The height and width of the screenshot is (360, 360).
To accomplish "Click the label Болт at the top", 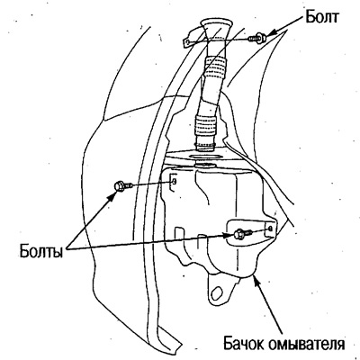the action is (322, 17).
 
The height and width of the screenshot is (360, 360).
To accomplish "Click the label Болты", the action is (41, 251).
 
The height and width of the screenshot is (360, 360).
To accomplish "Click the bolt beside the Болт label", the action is (256, 38).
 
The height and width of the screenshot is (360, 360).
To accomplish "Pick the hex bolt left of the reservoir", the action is (122, 185).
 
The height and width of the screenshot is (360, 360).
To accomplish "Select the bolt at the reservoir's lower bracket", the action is (243, 233).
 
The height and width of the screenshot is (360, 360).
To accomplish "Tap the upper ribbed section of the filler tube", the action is (215, 67).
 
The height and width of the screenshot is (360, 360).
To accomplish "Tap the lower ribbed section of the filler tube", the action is (206, 124).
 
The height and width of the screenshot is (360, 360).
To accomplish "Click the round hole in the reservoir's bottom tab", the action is (216, 292).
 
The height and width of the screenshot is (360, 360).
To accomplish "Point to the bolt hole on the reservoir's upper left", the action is (175, 181).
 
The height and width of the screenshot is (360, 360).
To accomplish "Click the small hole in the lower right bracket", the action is (270, 229).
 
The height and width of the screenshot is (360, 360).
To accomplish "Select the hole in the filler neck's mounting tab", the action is (187, 42).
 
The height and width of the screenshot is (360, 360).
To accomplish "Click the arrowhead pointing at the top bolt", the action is (269, 34).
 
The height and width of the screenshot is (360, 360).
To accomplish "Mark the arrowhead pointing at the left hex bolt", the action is (112, 195).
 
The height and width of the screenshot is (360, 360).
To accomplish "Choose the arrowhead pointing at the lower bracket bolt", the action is (229, 235).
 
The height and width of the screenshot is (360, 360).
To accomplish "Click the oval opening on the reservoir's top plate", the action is (205, 157).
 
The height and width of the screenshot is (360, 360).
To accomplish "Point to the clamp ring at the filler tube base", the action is (205, 147).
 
